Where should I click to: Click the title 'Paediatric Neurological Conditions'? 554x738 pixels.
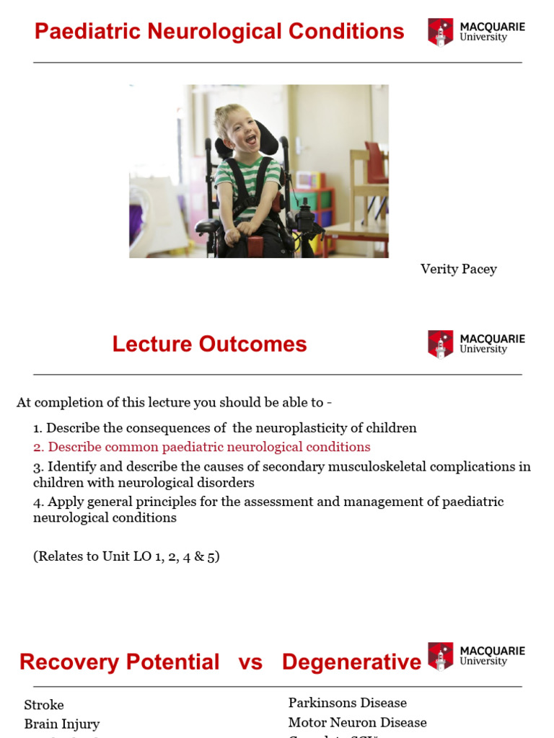pyautogui.click(x=219, y=32)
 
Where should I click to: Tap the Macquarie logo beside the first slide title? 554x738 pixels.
pyautogui.click(x=476, y=32)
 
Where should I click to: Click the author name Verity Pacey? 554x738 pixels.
pyautogui.click(x=458, y=269)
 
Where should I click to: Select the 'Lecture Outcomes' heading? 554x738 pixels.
pyautogui.click(x=209, y=344)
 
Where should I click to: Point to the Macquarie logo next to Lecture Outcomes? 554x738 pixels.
pyautogui.click(x=476, y=344)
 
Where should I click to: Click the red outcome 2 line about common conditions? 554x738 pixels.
pyautogui.click(x=202, y=447)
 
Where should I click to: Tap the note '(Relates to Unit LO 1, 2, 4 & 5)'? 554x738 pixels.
pyautogui.click(x=126, y=556)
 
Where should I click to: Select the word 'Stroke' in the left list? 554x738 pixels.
pyautogui.click(x=44, y=705)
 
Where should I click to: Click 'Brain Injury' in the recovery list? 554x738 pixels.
pyautogui.click(x=62, y=724)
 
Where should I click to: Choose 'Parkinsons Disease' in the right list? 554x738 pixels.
pyautogui.click(x=348, y=703)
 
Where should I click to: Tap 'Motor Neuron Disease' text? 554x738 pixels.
pyautogui.click(x=357, y=722)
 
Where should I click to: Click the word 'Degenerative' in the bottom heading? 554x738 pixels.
pyautogui.click(x=351, y=662)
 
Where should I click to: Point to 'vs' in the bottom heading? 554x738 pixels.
pyautogui.click(x=250, y=662)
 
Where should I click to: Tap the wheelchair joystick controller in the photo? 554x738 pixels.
pyautogui.click(x=304, y=213)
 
